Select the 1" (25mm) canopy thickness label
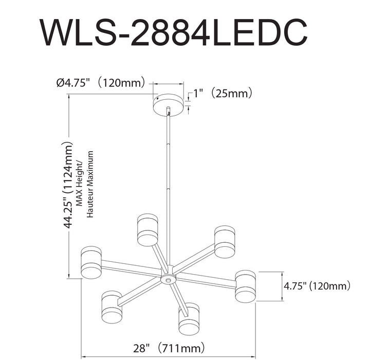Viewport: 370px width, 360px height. point(223,93)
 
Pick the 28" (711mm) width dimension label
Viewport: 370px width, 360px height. point(170,347)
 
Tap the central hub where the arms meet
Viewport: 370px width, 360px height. point(168,278)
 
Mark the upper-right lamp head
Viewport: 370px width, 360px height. point(225,241)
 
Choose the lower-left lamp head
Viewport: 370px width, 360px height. point(112,308)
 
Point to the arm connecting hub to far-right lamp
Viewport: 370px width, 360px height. point(206,280)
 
